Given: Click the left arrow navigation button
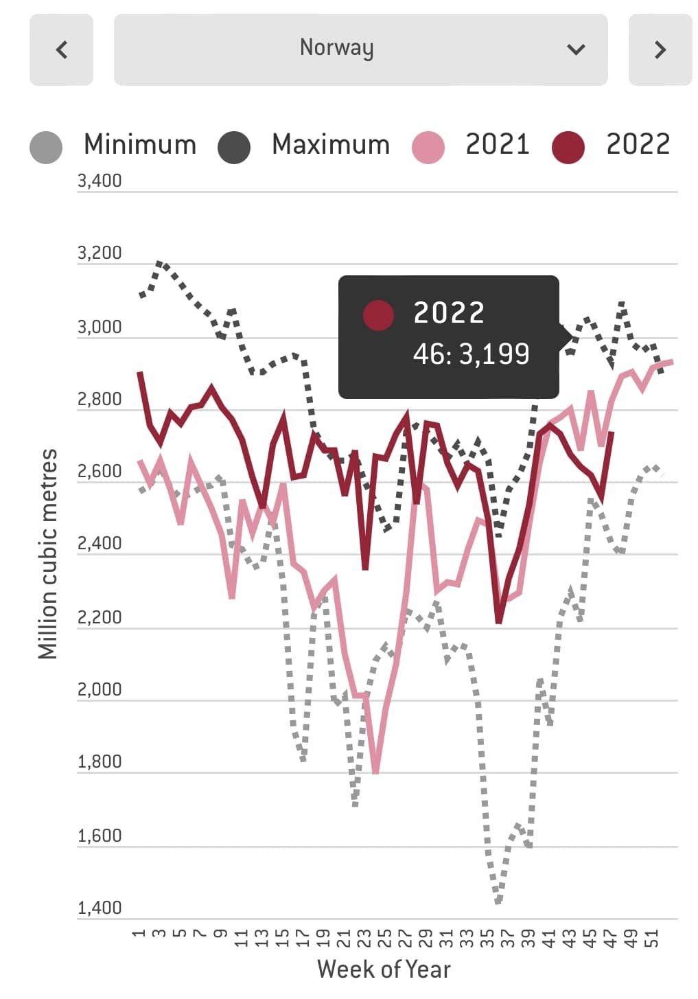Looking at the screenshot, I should click(61, 49).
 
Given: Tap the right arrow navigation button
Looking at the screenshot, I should click(660, 49).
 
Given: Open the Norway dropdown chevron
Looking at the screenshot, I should click(576, 49).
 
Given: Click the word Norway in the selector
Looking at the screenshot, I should click(336, 47).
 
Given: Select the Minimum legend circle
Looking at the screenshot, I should click(46, 146).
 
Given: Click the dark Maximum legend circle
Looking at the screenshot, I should click(234, 146).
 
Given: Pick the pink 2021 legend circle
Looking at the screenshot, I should click(428, 146).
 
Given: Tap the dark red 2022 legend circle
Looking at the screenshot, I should click(568, 146).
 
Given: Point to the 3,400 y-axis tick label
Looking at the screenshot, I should click(100, 181).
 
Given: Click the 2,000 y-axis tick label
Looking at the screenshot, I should click(100, 689).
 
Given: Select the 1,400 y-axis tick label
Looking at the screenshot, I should click(100, 908).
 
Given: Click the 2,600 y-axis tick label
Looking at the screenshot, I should click(100, 471).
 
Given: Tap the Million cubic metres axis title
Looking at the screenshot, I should click(47, 553).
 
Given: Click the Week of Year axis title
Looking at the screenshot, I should click(384, 969).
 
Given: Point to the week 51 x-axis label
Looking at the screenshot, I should click(654, 938).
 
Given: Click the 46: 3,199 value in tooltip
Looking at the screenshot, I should click(471, 354).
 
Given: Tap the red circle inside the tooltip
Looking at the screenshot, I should click(378, 315).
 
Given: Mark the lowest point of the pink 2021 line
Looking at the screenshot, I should click(375, 772).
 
